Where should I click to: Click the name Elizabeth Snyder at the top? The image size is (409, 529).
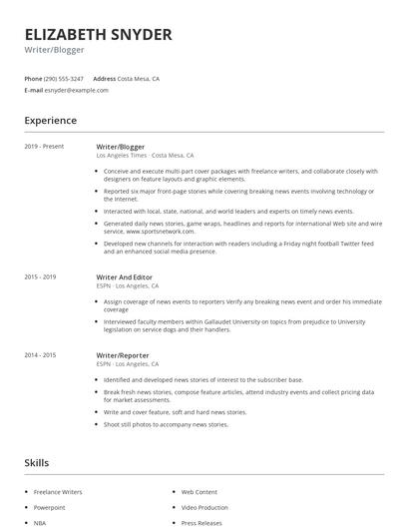(98, 34)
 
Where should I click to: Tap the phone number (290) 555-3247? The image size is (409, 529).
(64, 78)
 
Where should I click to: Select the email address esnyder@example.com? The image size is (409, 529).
(76, 90)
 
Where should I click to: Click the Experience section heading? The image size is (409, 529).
(50, 121)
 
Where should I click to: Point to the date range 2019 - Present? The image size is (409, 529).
(44, 147)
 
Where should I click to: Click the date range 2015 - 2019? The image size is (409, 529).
(40, 276)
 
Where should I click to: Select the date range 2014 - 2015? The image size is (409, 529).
(40, 355)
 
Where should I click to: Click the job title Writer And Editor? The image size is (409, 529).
(124, 276)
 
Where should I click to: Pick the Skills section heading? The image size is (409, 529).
(36, 463)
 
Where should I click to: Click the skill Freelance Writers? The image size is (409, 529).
(58, 492)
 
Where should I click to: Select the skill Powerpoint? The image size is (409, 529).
(49, 507)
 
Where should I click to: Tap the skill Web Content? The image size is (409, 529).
(199, 492)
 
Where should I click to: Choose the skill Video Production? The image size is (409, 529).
(204, 507)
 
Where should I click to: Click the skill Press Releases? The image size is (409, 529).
(202, 522)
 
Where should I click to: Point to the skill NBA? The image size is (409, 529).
(40, 522)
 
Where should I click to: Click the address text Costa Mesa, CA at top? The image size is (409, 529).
(139, 78)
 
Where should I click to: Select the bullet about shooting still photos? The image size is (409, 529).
(166, 424)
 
